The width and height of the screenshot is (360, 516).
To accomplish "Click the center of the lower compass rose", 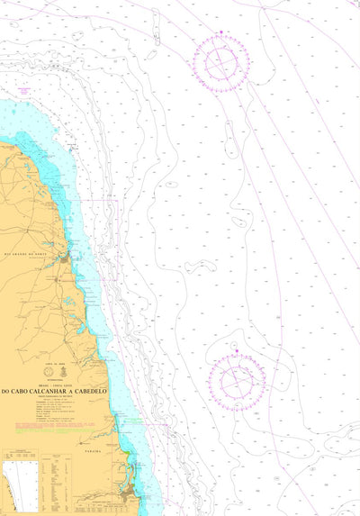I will click(236, 376).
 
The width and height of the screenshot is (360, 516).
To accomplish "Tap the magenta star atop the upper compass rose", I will click(220, 33).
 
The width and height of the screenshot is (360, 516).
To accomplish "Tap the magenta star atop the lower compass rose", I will click(236, 349).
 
